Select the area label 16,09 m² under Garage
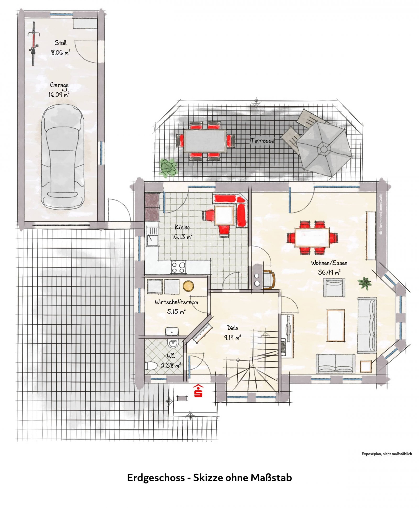tap(59, 94)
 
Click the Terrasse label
tap(262, 140)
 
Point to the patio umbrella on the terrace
tap(324, 150)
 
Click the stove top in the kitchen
tap(178, 267)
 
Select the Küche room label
tap(182, 227)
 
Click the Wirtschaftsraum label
tap(176, 302)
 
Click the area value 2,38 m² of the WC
tap(171, 365)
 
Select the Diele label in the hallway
tap(233, 328)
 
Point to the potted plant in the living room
tap(365, 283)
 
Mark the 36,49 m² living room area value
tap(329, 272)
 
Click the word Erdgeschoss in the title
tap(156, 478)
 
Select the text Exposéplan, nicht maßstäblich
tap(387, 454)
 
